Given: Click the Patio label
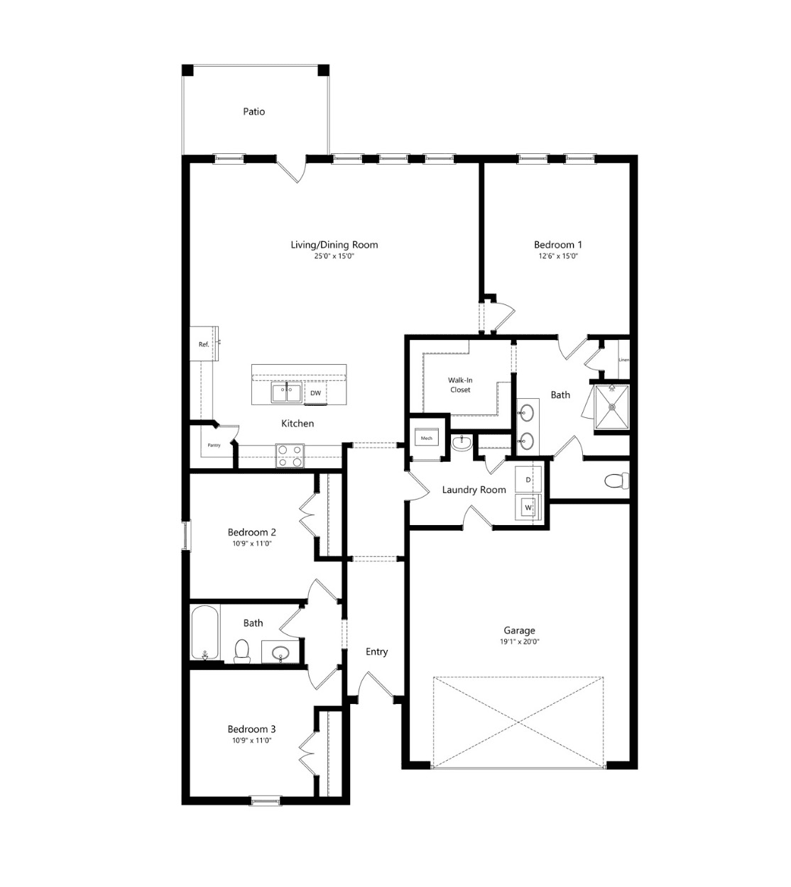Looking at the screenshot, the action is (253, 111).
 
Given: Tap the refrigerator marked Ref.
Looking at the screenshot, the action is (204, 343).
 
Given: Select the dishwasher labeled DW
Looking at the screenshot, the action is (315, 393).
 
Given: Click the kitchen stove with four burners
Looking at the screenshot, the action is (290, 456).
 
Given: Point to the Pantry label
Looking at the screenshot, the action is (214, 445).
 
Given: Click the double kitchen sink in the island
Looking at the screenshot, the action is (286, 392).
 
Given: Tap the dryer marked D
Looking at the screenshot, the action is (528, 480).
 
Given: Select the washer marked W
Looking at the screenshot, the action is (528, 508).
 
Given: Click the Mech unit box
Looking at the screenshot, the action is (427, 438).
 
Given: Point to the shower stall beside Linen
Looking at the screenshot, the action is (612, 407).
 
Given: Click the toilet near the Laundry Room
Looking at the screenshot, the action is (616, 481).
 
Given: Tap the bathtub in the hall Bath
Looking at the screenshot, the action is (204, 632).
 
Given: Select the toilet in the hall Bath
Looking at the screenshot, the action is (242, 651).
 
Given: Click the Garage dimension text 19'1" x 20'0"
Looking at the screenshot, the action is (519, 641).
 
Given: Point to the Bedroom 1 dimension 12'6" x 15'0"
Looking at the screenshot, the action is (558, 256).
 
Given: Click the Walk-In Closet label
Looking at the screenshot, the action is (460, 385).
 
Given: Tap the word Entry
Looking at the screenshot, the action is (376, 651).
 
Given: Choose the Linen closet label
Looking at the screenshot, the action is (624, 360).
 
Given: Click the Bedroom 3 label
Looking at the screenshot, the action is (251, 729).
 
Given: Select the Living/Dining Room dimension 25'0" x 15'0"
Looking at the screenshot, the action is (334, 256).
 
